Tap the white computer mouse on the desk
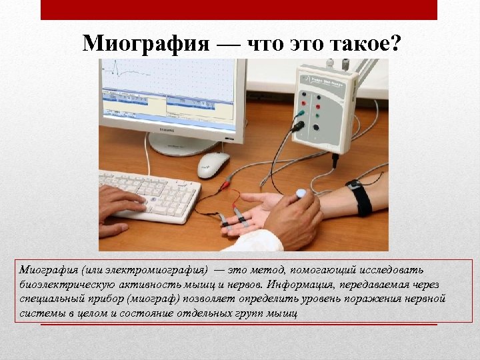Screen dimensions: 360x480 click(x=213, y=164)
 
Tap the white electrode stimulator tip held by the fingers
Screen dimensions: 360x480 click(x=301, y=194)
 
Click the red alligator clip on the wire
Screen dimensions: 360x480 click(x=229, y=180)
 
